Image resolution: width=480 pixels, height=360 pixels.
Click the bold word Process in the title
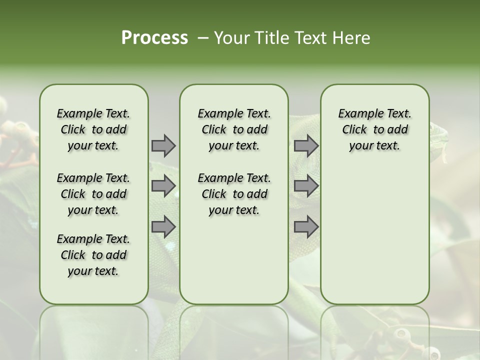point(154,38)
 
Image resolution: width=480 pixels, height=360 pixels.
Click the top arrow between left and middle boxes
point(163,145)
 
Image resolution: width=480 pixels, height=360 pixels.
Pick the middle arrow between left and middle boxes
point(163,186)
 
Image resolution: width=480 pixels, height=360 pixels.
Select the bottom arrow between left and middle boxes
point(163,226)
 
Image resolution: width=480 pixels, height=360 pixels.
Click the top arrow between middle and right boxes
point(306,145)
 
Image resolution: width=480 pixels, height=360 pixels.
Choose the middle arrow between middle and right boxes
point(306,186)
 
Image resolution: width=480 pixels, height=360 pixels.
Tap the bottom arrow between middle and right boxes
point(306,226)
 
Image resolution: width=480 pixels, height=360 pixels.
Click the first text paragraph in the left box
point(93,129)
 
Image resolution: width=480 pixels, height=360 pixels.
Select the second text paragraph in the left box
point(93,194)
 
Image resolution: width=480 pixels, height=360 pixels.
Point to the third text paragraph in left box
point(93,255)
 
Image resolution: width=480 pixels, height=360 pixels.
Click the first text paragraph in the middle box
point(234,129)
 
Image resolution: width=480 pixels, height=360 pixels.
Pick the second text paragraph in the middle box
point(234,194)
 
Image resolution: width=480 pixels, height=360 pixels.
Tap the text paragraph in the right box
point(375,129)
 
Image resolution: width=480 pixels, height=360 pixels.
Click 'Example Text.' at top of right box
point(375,113)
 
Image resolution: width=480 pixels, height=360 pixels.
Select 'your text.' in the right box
point(375,146)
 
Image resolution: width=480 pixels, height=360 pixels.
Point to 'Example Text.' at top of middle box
point(234,113)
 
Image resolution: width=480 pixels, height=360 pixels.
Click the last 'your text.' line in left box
point(93,271)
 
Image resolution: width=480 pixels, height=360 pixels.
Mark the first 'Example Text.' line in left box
point(93,113)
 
